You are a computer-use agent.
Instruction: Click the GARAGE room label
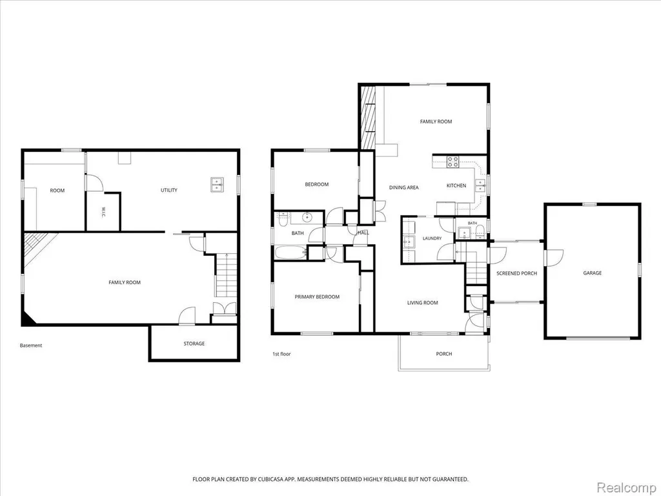click(x=593, y=273)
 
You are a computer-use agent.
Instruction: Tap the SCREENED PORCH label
click(x=516, y=273)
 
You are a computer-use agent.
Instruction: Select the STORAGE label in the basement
click(x=194, y=344)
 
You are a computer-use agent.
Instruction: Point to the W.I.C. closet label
click(x=103, y=212)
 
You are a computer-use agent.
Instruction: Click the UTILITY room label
click(x=169, y=191)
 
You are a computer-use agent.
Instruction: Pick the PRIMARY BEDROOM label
click(x=317, y=297)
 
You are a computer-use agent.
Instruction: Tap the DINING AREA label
click(x=404, y=188)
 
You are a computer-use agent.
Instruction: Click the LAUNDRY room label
click(x=432, y=238)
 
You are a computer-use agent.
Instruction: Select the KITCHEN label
click(x=456, y=185)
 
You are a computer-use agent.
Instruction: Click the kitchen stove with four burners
click(x=453, y=162)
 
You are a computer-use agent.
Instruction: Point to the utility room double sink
click(x=218, y=185)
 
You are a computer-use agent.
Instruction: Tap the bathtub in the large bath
click(x=290, y=253)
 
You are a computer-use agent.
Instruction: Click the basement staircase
click(x=227, y=274)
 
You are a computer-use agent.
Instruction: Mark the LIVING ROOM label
click(x=422, y=303)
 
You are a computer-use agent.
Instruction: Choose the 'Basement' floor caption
click(x=31, y=346)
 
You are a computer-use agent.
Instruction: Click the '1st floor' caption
click(x=281, y=354)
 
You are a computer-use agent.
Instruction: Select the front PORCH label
click(x=444, y=354)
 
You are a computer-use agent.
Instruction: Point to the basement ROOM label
click(x=57, y=191)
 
